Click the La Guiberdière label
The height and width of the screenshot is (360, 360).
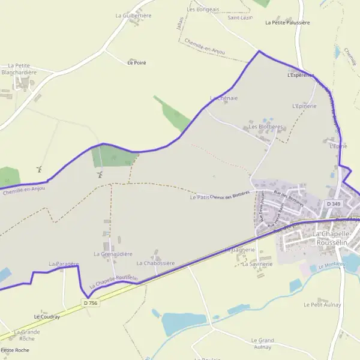click(x=134, y=16)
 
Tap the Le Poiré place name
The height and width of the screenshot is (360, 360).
click(x=137, y=62)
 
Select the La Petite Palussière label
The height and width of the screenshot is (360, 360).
click(x=287, y=23)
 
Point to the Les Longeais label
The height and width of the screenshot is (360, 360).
click(x=203, y=9)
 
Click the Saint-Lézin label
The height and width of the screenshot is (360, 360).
click(x=239, y=18)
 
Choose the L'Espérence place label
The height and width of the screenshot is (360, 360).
click(x=301, y=76)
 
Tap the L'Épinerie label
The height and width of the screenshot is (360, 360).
click(x=304, y=106)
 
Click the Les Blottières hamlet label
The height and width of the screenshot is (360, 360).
click(x=266, y=127)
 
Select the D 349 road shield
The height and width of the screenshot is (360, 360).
click(x=334, y=205)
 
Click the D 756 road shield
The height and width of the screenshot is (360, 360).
click(x=91, y=304)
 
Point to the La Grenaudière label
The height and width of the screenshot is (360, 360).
click(x=113, y=254)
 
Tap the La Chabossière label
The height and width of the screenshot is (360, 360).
click(x=155, y=263)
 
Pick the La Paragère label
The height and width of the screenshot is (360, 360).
click(x=64, y=264)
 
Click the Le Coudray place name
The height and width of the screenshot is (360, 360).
click(x=47, y=316)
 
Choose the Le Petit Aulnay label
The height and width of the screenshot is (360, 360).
click(x=322, y=305)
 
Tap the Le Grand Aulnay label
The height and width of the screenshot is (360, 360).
click(x=262, y=343)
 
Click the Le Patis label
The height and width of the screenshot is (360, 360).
click(x=199, y=197)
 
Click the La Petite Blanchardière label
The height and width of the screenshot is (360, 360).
click(x=20, y=69)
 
